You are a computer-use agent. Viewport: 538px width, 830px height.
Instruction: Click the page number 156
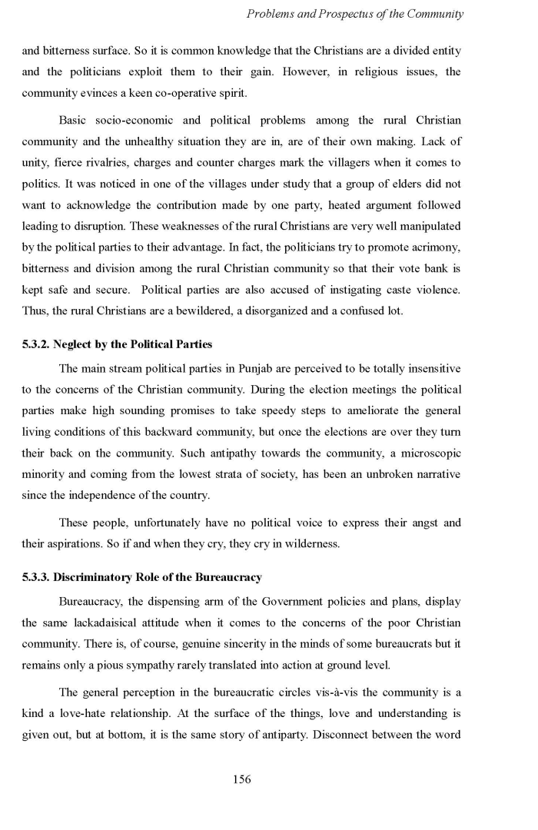pyautogui.click(x=241, y=779)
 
